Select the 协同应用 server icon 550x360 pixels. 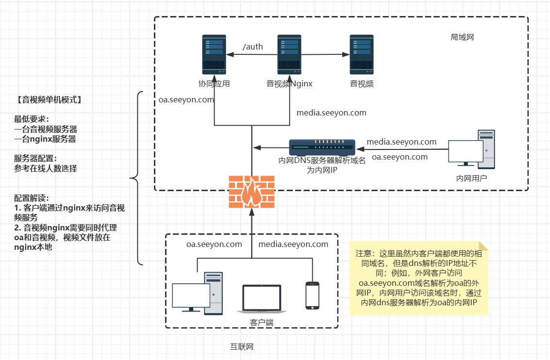[214, 54]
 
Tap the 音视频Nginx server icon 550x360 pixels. [289, 54]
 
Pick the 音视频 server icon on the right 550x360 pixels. [362, 54]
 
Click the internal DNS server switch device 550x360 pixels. [322, 147]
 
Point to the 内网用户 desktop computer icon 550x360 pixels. [471, 149]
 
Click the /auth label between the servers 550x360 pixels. [252, 47]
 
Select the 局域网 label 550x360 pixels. [462, 37]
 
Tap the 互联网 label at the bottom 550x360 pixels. [242, 347]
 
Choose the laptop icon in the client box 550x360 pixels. [262, 299]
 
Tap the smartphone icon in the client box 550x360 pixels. [312, 295]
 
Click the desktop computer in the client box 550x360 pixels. [198, 294]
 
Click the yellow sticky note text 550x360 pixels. [418, 278]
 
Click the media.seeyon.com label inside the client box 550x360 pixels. [293, 244]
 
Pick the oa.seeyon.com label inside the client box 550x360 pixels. [214, 244]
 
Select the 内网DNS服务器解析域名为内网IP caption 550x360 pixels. [322, 165]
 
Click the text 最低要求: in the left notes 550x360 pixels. [32, 119]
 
